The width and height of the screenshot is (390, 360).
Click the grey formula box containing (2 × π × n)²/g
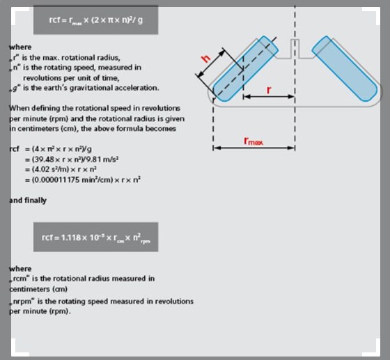tap(97, 20)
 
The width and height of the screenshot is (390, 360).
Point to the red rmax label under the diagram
tap(253, 140)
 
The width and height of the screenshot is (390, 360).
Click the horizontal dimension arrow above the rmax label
tap(254, 148)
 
